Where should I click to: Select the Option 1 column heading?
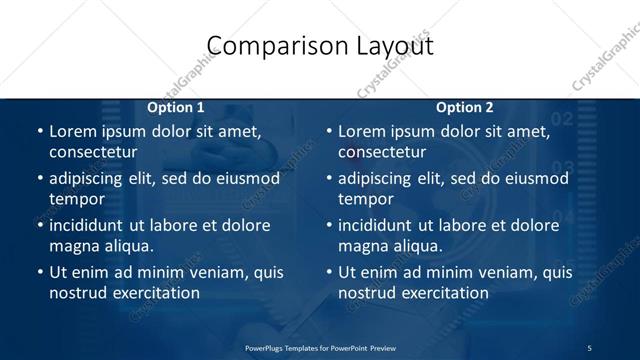point(176,107)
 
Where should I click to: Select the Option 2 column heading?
point(465,107)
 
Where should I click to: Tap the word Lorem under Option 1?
point(74,131)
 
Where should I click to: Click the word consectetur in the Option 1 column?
point(93,152)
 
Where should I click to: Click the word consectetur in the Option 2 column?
point(382,152)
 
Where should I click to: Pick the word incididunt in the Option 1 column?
point(93,225)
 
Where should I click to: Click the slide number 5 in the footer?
point(589,347)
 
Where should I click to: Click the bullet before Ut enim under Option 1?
point(39,272)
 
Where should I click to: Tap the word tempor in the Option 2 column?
point(362,199)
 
